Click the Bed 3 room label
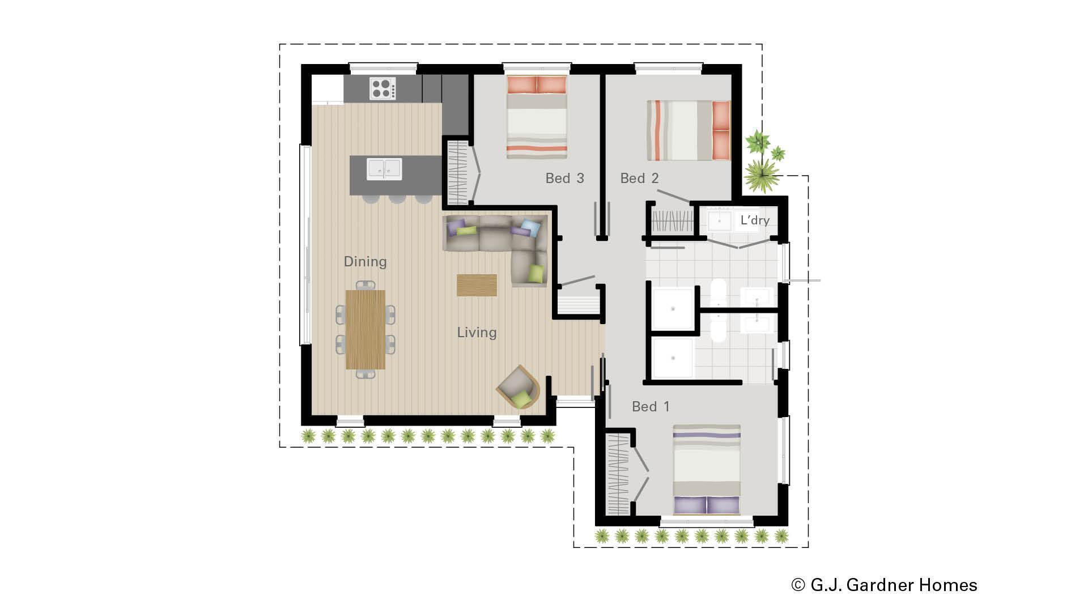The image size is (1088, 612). (x=564, y=178)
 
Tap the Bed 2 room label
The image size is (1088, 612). (x=639, y=178)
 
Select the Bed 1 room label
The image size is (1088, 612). (x=651, y=407)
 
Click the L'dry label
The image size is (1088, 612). (x=755, y=220)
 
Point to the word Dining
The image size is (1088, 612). (x=365, y=262)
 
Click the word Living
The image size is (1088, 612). (x=477, y=333)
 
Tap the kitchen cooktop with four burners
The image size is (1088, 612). (x=383, y=89)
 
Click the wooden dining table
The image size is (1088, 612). (x=365, y=329)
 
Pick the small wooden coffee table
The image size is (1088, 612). (x=477, y=285)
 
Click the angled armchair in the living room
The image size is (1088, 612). (x=518, y=388)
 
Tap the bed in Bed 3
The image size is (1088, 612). (x=537, y=118)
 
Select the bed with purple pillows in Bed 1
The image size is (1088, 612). (x=707, y=470)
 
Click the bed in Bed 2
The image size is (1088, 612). (x=688, y=130)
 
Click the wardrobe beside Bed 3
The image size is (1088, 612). (x=456, y=172)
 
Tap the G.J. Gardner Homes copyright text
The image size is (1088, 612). (x=884, y=585)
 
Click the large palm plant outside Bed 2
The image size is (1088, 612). (x=762, y=174)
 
